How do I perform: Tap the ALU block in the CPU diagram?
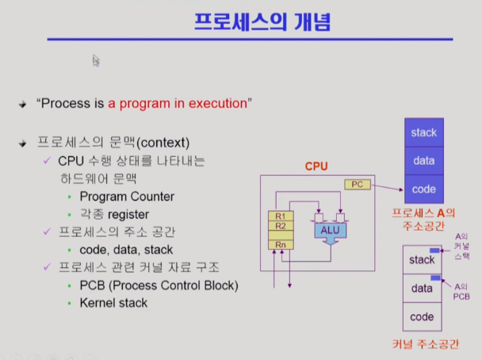(329, 230)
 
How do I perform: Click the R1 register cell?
(278, 216)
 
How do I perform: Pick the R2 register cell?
(278, 226)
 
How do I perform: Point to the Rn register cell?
(278, 245)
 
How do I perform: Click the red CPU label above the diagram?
(317, 167)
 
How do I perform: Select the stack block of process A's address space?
(423, 132)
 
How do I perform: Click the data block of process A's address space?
(423, 161)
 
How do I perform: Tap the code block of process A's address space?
(423, 189)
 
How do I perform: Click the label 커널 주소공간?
(426, 344)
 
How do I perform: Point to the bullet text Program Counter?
(127, 196)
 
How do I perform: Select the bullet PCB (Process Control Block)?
(159, 285)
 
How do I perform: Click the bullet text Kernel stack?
(113, 302)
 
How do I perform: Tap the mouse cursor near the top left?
(96, 59)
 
